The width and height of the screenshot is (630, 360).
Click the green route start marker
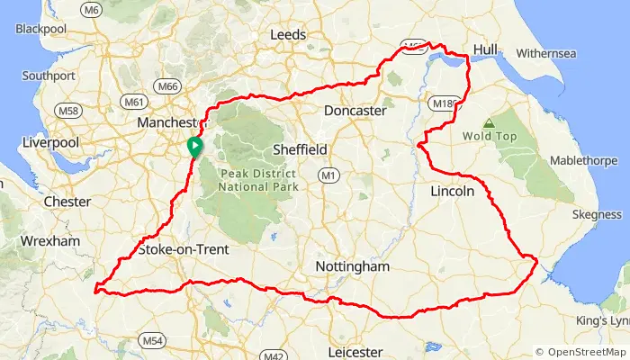point(193,146)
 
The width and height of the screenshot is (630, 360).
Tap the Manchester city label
point(167,122)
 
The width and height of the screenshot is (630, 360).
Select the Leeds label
point(288,35)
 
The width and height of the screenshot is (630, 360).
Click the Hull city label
point(485,49)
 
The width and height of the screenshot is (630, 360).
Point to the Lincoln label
point(452,192)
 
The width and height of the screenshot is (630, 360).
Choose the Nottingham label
point(353,267)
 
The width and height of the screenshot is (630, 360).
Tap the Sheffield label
point(301,149)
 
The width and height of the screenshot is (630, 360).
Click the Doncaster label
point(355,111)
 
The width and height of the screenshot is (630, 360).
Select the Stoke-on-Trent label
point(184,249)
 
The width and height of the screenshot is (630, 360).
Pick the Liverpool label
point(51,143)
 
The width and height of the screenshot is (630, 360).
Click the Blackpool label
point(40,29)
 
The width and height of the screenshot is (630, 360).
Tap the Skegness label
point(597,215)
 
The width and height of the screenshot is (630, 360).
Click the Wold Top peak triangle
point(489,123)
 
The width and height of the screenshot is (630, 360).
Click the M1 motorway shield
point(330,175)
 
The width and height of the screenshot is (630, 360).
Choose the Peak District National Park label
point(257,179)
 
